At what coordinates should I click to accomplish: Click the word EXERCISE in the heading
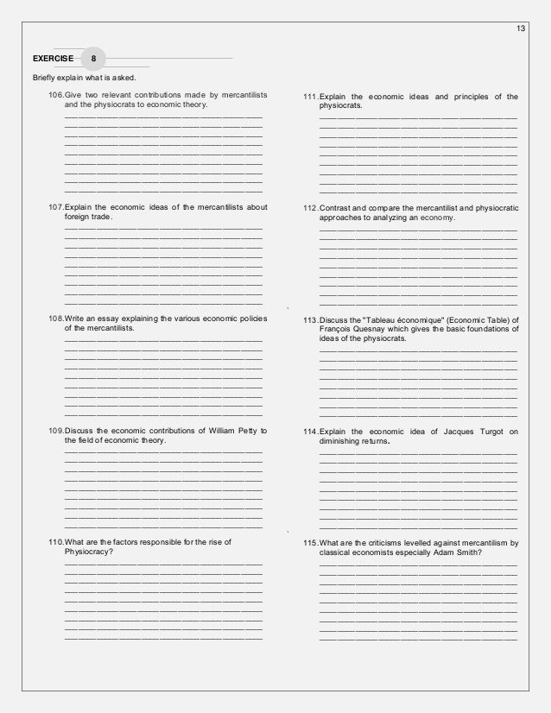54,59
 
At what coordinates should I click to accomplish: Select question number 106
57,93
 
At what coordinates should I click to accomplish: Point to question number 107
57,207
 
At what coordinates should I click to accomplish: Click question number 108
57,319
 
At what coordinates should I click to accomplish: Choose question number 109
57,431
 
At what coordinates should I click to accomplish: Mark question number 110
57,542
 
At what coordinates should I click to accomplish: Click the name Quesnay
375,330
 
